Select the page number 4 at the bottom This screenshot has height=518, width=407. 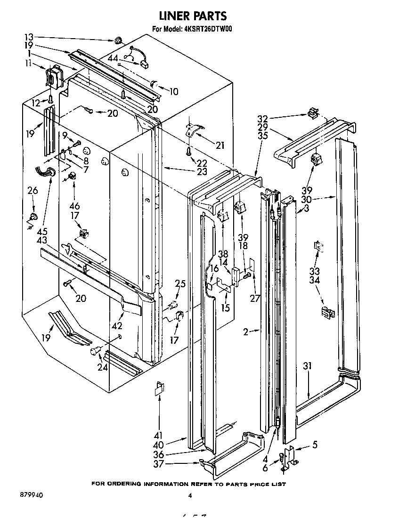point(190,495)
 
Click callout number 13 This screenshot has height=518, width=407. point(29,37)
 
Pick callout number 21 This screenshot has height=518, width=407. point(220,145)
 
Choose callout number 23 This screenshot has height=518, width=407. point(202,171)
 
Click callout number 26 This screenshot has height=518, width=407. point(32,190)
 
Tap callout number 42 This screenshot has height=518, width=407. point(117,325)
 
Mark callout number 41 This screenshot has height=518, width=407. point(157,435)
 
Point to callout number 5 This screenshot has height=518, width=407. point(315,444)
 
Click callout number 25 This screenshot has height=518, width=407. point(180,284)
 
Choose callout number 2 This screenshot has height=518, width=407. point(245,332)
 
